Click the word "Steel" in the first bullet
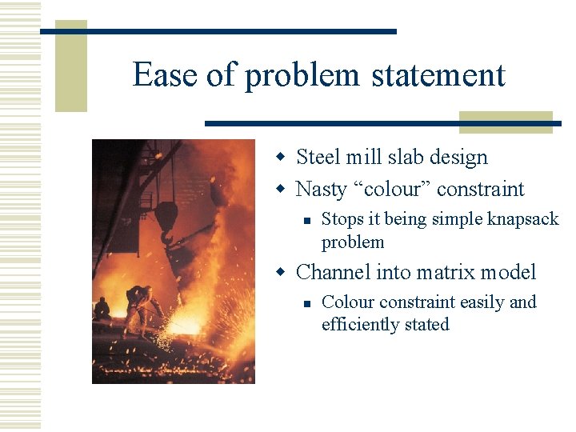coord(318,157)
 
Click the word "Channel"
coord(334,273)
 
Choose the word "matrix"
coord(446,273)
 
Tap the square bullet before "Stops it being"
coord(305,219)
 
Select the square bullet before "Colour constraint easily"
coord(305,302)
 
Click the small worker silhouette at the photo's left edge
coord(102,309)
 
